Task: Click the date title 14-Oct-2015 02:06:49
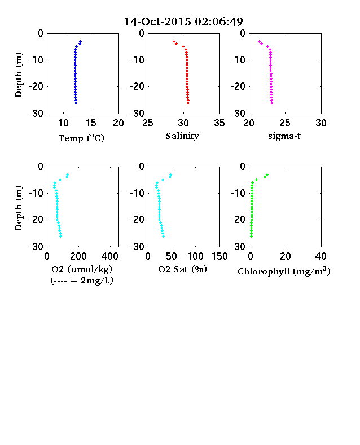point(183,21)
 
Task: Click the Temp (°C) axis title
point(81,138)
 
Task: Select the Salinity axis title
point(182,136)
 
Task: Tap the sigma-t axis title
point(284,136)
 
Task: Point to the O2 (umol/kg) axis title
point(82,269)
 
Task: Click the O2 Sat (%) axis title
point(182,269)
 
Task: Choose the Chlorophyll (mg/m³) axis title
point(284,271)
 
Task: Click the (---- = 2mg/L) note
point(82,281)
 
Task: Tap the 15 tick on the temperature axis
point(91,123)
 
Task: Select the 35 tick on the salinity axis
point(219,123)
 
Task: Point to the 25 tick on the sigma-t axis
point(285,123)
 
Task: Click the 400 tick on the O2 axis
point(110,256)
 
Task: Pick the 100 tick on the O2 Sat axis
point(195,256)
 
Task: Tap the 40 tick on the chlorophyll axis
point(321,256)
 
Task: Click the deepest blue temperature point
point(76,103)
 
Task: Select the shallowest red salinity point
point(174,41)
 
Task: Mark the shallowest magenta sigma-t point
point(259,41)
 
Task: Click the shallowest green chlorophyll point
point(267,175)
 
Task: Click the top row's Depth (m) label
point(19,75)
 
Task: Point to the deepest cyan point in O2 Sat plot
point(163,237)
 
